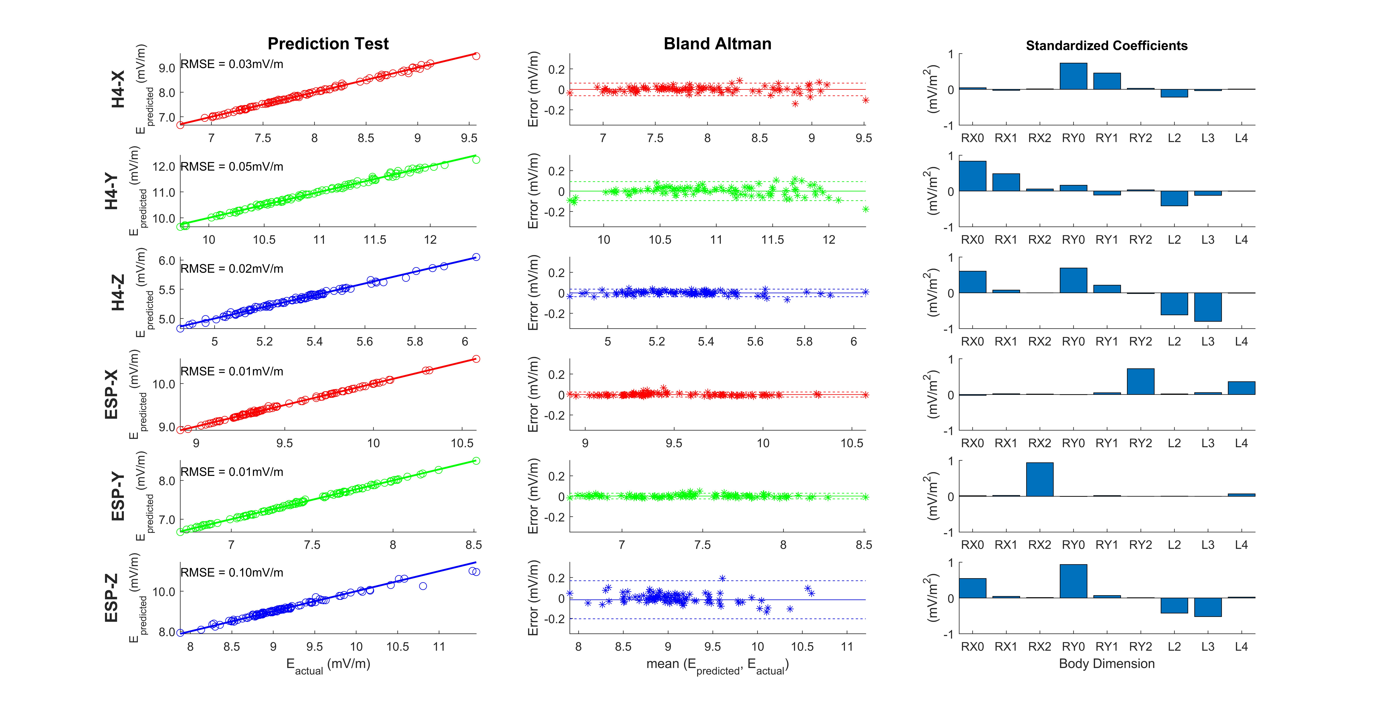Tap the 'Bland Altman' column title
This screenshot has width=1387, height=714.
tap(717, 44)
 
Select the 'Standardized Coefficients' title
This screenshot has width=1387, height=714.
tap(1106, 46)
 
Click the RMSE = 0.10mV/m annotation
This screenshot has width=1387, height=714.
tap(232, 572)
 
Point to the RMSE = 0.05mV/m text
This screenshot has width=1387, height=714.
tap(232, 166)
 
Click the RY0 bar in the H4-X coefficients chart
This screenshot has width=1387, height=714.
tap(1073, 76)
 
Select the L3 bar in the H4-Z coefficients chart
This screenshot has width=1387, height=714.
tap(1208, 307)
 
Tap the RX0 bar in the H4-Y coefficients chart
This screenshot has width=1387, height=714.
tap(972, 176)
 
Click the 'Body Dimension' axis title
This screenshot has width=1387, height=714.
tap(1106, 663)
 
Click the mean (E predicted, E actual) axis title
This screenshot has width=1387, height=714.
tap(717, 666)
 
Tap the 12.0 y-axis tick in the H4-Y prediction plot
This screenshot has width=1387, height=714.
tap(164, 166)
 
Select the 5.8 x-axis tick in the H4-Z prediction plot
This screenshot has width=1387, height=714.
tap(415, 341)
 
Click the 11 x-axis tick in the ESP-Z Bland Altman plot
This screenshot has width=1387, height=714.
tap(847, 647)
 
